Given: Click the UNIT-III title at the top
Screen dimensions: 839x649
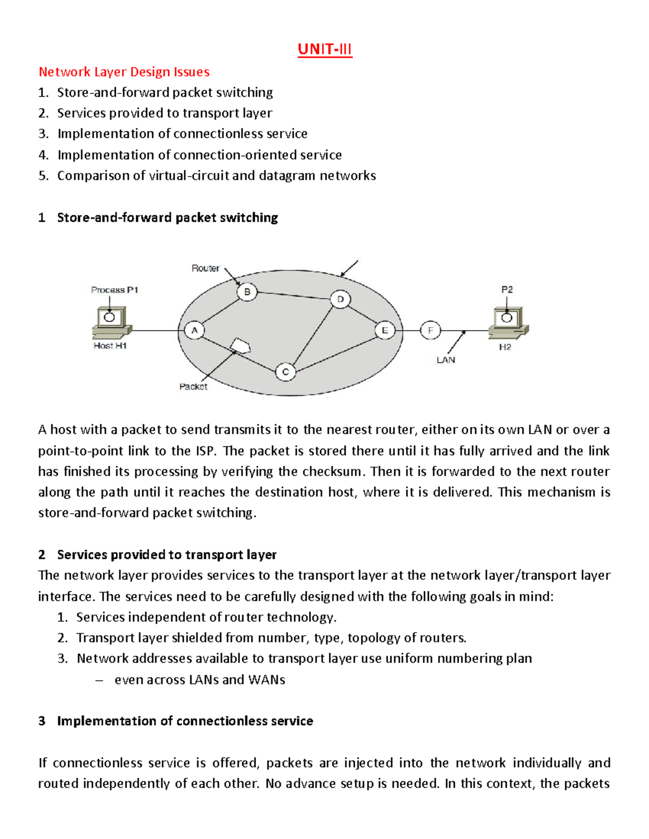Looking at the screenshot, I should click(325, 50).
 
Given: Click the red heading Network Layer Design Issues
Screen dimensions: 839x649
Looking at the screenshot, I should click(124, 72).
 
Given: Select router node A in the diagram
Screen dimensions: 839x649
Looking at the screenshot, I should click(194, 331).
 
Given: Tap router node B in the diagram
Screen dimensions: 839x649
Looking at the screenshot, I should click(247, 292).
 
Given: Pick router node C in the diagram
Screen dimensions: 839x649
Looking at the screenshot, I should click(286, 372).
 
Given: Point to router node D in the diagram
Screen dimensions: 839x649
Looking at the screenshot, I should click(340, 299).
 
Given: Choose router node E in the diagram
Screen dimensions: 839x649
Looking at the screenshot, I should click(385, 330).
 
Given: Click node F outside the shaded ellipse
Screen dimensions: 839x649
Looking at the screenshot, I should click(431, 330).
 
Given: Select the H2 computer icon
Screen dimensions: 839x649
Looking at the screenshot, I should click(508, 321).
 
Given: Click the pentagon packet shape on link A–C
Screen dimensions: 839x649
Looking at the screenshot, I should click(240, 345).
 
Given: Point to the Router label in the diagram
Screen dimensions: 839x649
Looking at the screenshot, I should click(205, 268).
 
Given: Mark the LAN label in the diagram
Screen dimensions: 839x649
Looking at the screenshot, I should click(446, 360).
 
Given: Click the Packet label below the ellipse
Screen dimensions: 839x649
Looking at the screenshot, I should click(193, 387).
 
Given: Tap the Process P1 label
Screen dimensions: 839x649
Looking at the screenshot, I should click(115, 290).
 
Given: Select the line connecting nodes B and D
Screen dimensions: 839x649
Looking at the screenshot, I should click(294, 295).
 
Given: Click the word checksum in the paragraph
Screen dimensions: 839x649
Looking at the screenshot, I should click(331, 472).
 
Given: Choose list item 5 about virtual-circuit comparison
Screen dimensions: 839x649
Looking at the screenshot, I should click(216, 176).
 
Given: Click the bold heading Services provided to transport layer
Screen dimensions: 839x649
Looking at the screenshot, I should click(167, 555).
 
